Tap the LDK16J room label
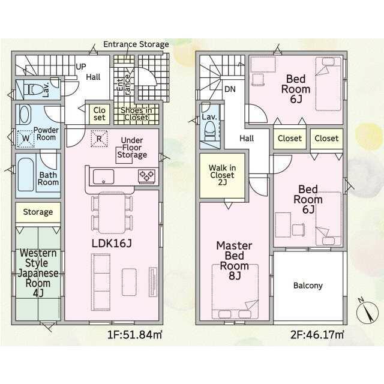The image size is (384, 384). tap(112, 243)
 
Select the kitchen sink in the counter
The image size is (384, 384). tap(103, 176)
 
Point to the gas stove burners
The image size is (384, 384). tap(146, 176)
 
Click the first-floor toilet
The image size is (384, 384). tap(33, 89)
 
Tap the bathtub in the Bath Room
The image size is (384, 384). tap(25, 175)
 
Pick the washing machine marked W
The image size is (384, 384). tap(25, 139)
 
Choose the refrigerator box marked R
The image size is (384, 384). tap(99, 139)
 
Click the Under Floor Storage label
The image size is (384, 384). tap(132, 148)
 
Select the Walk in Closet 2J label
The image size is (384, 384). tap(223, 175)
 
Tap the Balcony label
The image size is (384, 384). tap(308, 286)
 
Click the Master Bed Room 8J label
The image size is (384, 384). tap(235, 260)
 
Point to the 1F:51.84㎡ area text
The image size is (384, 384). tap(135, 335)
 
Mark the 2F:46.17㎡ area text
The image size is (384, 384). tap(317, 335)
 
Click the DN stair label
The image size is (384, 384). tap(230, 89)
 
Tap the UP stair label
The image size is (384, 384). tap(81, 67)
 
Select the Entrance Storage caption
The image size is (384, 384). tap(136, 44)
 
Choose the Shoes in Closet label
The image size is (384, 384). tap(136, 114)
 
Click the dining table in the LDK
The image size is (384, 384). tap(112, 212)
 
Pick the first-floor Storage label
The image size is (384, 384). tap(38, 212)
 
